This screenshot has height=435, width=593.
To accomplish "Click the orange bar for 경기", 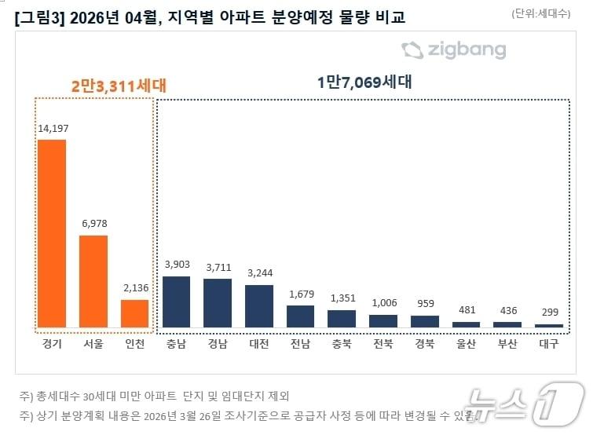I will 52,233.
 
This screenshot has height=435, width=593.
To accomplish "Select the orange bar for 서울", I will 93,280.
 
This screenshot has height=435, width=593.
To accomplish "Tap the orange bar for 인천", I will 134,313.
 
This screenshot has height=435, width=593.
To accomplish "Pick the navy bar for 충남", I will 176,301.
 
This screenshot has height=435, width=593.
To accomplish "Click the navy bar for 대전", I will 259,305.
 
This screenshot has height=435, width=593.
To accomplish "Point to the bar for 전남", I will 300,316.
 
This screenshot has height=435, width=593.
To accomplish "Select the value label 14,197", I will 52,129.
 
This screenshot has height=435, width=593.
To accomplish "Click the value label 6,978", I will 93,223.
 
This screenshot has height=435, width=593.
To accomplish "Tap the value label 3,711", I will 218,267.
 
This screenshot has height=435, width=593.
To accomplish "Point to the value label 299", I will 549,312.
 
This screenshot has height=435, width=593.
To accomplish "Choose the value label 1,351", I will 342,298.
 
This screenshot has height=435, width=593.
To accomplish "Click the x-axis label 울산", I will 466,344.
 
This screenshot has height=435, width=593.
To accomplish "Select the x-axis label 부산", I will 507,344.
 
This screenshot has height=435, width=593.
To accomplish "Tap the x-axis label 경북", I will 425,344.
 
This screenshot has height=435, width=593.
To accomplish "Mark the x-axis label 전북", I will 383,344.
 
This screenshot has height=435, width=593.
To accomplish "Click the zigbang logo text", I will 467,51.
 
